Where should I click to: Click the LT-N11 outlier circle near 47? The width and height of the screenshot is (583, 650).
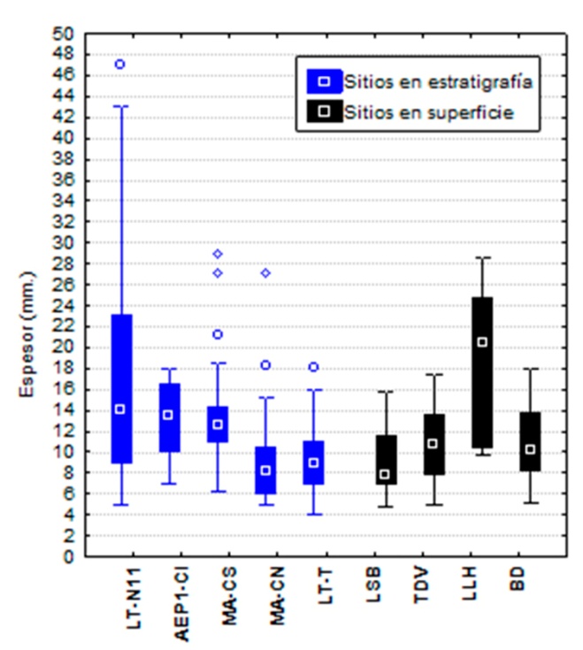click(x=120, y=65)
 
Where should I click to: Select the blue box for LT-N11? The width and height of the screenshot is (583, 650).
click(x=120, y=354)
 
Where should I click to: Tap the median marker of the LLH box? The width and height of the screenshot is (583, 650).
click(x=481, y=342)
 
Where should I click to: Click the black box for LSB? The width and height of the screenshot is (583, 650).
click(x=385, y=459)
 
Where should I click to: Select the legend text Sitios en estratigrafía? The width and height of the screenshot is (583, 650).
click(x=438, y=81)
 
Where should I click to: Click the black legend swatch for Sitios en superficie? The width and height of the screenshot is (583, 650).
click(x=324, y=112)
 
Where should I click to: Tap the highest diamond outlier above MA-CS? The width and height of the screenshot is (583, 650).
click(x=218, y=254)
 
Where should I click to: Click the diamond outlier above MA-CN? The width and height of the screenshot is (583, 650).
click(x=265, y=273)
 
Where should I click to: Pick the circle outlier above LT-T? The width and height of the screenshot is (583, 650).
click(x=313, y=367)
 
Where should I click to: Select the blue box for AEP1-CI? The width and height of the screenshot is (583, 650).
click(x=169, y=417)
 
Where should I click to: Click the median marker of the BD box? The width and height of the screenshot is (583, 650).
click(x=529, y=449)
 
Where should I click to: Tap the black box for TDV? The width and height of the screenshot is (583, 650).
click(x=433, y=444)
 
